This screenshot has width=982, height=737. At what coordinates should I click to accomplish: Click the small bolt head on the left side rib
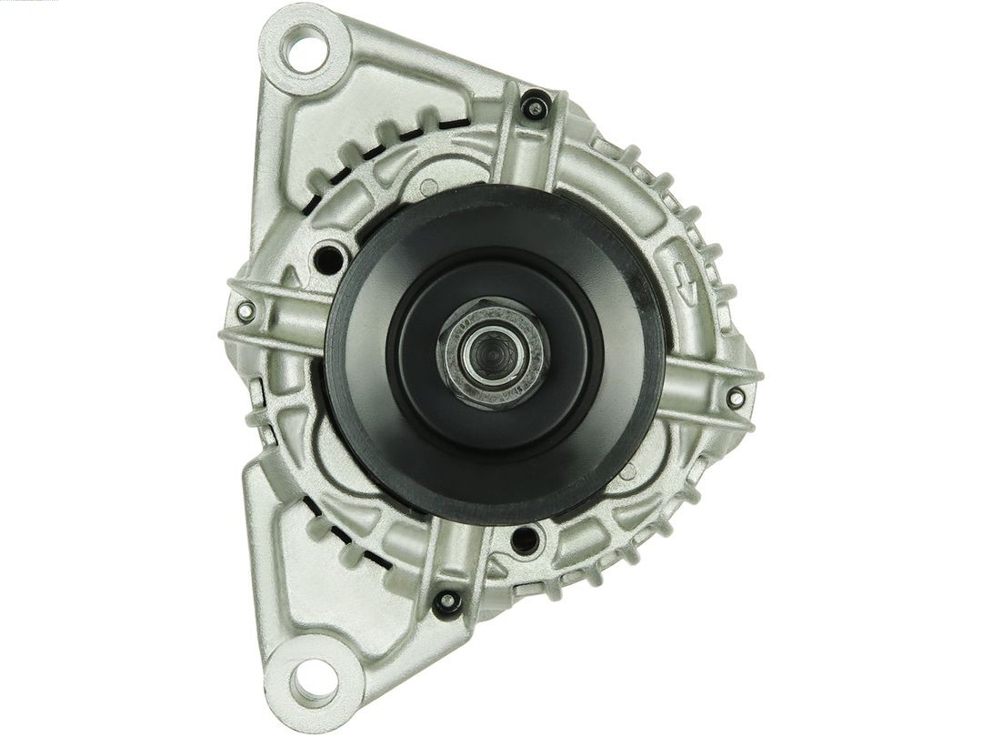pyautogui.click(x=243, y=311)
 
